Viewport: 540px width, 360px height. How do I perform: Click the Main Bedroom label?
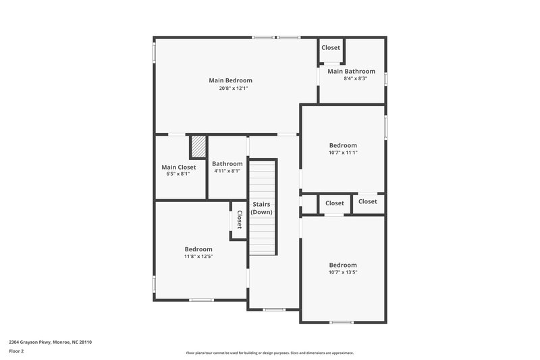click(x=230, y=80)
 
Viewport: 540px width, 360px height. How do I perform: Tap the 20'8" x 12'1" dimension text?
click(x=230, y=88)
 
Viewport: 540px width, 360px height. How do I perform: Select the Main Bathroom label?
click(x=351, y=71)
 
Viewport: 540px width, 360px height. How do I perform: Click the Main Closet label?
click(x=178, y=167)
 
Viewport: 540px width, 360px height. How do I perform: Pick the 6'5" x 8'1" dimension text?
click(x=178, y=174)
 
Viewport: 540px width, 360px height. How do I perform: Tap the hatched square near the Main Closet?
click(x=198, y=146)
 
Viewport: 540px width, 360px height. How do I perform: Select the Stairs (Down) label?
click(x=262, y=207)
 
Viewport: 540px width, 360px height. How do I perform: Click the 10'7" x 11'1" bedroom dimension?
click(x=343, y=153)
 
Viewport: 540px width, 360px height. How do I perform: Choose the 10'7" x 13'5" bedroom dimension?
click(x=343, y=272)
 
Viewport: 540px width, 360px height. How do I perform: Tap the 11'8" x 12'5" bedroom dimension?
click(x=198, y=257)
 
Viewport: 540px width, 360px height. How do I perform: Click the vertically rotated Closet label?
click(x=239, y=220)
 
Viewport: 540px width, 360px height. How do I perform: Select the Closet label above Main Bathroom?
click(x=331, y=47)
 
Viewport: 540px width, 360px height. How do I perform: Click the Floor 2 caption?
click(x=16, y=351)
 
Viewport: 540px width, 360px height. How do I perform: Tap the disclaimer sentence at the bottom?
click(x=269, y=353)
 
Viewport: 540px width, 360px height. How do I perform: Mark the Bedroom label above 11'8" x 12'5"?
click(x=198, y=249)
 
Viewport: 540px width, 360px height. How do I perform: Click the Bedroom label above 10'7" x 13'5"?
click(x=343, y=265)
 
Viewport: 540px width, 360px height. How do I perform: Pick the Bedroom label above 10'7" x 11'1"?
click(x=343, y=145)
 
